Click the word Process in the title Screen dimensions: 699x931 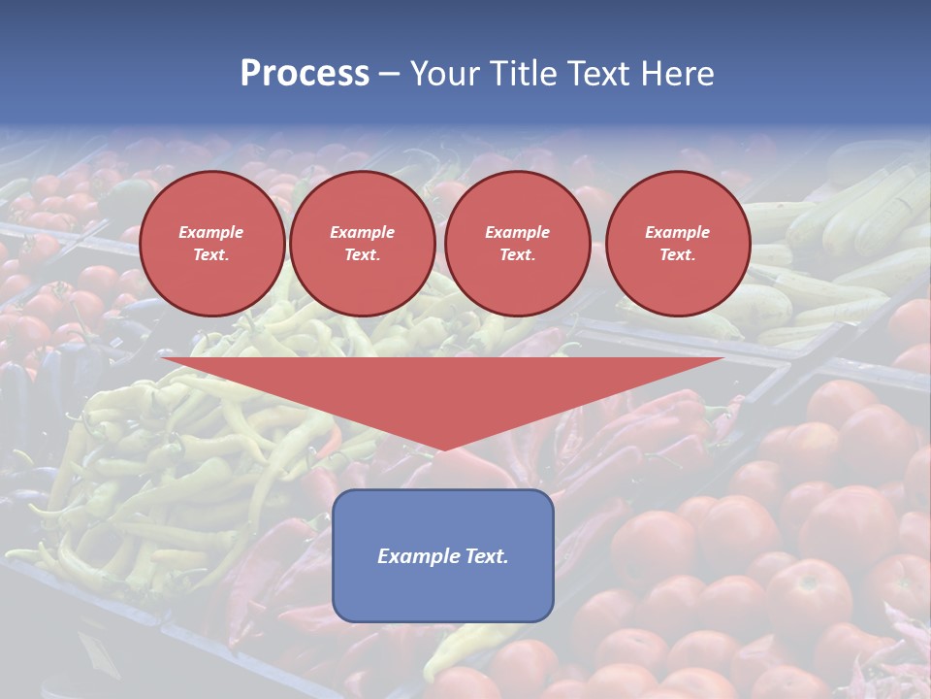pyautogui.click(x=305, y=74)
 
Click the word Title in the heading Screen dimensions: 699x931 pyautogui.click(x=524, y=74)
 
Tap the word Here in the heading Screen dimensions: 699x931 pyautogui.click(x=676, y=74)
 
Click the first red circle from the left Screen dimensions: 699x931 pyautogui.click(x=211, y=244)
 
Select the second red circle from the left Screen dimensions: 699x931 pyautogui.click(x=362, y=244)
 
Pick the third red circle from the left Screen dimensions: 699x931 pyautogui.click(x=517, y=244)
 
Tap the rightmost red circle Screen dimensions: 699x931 pyautogui.click(x=677, y=244)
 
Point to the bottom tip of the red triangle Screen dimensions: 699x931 pyautogui.click(x=443, y=449)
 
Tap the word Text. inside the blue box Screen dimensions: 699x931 pyautogui.click(x=486, y=556)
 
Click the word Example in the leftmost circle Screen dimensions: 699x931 pyautogui.click(x=211, y=232)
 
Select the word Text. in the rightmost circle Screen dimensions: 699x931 pyautogui.click(x=677, y=255)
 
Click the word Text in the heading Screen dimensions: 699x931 pyautogui.click(x=598, y=74)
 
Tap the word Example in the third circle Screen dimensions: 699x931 pyautogui.click(x=517, y=232)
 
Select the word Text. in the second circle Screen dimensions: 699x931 pyautogui.click(x=362, y=255)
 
